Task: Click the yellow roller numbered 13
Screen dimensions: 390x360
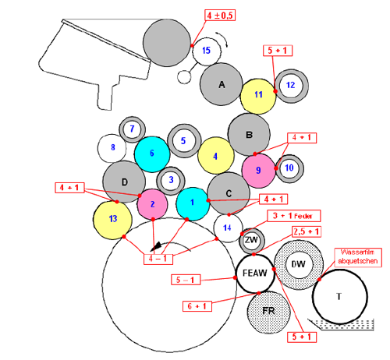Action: click(112, 220)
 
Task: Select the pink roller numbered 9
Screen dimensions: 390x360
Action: click(258, 171)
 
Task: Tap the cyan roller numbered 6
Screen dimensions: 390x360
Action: click(152, 154)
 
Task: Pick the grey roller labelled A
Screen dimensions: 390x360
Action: click(222, 84)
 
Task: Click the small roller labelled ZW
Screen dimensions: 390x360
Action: click(252, 241)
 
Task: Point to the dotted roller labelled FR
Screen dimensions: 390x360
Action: click(268, 312)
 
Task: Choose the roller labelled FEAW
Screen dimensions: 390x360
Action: click(255, 274)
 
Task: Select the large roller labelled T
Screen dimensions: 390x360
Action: click(339, 297)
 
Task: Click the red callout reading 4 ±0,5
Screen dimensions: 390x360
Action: click(220, 16)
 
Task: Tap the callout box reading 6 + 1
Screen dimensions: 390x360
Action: click(197, 306)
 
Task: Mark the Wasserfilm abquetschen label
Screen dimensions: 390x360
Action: click(358, 257)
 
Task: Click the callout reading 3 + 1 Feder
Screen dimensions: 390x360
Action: click(294, 216)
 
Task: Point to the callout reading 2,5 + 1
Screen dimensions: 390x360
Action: click(307, 231)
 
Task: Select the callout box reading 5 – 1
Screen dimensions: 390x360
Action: click(186, 280)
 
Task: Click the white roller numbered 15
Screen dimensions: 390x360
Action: click(207, 51)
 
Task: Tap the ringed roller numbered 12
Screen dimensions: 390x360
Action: click(291, 86)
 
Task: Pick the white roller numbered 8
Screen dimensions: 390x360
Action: click(112, 148)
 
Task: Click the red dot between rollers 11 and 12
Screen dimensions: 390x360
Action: click(275, 91)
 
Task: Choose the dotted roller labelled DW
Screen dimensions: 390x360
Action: click(299, 265)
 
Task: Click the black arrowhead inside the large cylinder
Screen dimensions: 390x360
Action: click(157, 246)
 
